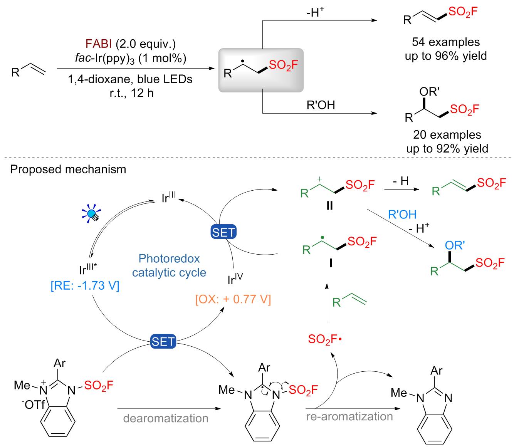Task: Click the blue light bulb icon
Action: click(x=92, y=214)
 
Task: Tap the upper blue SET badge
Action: click(x=223, y=232)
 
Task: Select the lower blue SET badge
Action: click(x=163, y=342)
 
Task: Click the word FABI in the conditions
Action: click(x=99, y=44)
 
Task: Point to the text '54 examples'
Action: click(x=446, y=42)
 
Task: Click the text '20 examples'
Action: click(x=447, y=135)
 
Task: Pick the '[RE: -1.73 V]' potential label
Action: click(x=85, y=285)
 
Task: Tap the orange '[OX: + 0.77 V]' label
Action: click(x=233, y=299)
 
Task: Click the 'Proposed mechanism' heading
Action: click(x=68, y=169)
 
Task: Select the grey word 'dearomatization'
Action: click(x=166, y=418)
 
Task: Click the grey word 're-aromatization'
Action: click(x=349, y=416)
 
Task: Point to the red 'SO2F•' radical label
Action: click(x=325, y=339)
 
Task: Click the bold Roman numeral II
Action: click(x=329, y=206)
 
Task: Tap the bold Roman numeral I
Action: click(x=331, y=263)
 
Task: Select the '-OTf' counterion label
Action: click(x=34, y=405)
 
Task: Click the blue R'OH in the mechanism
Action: click(x=402, y=215)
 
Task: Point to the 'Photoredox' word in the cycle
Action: click(x=169, y=258)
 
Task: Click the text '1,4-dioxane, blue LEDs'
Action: click(x=130, y=79)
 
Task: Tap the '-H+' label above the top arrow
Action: click(x=315, y=13)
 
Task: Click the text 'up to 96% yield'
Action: click(x=446, y=56)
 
